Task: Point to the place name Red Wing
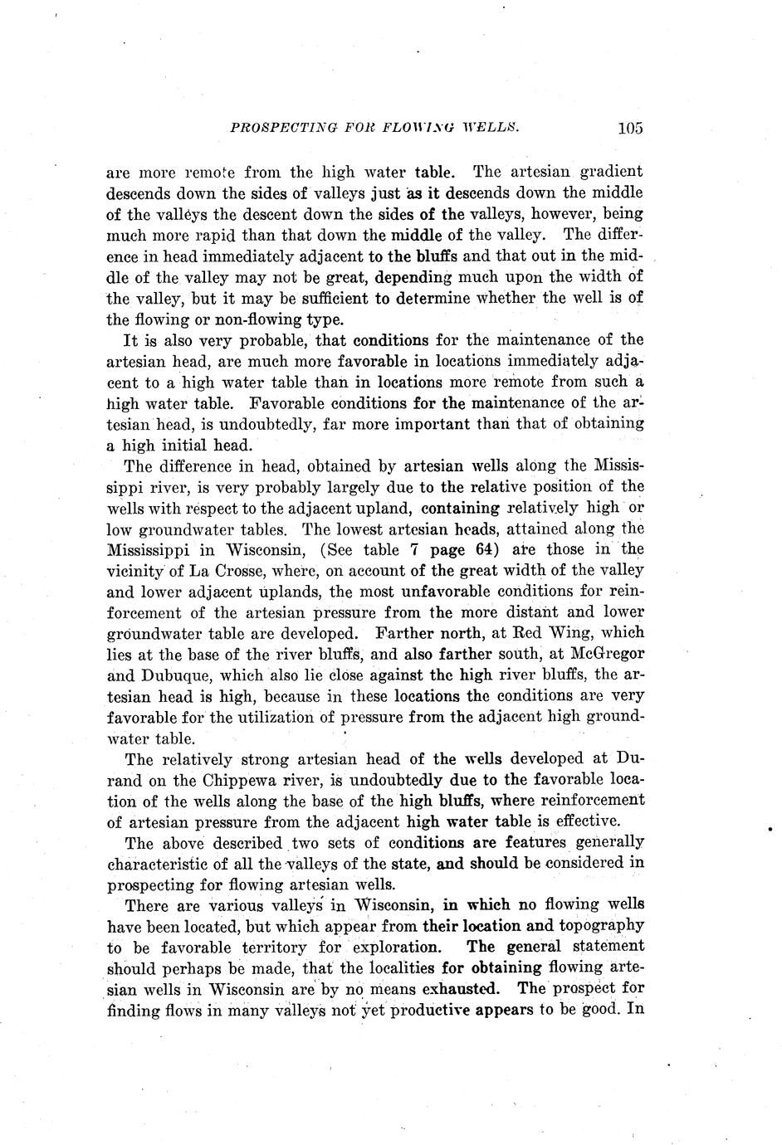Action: pyautogui.click(x=547, y=633)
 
